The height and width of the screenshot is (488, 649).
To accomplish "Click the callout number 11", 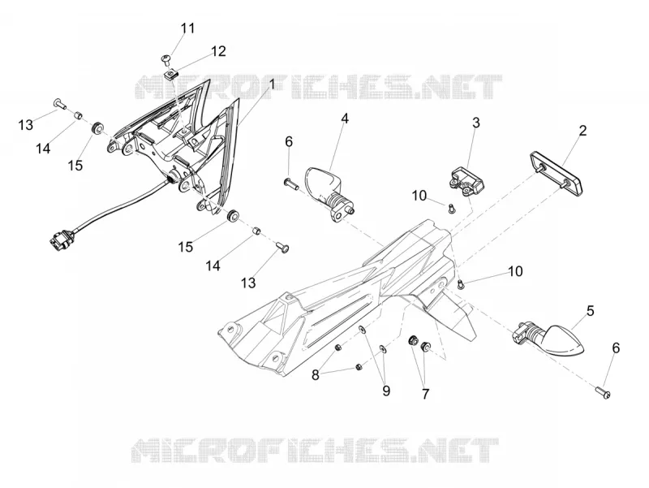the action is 187,28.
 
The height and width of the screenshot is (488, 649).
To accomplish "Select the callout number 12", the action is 218,51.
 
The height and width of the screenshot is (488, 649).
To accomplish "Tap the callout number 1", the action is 272,84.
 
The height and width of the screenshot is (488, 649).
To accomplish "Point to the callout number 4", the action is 345,119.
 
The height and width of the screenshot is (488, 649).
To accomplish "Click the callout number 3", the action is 476,123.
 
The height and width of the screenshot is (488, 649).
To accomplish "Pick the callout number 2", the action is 582,131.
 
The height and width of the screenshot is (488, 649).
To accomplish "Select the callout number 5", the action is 591,310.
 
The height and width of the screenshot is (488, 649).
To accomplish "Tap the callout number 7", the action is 425,394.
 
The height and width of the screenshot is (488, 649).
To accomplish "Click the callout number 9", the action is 386,391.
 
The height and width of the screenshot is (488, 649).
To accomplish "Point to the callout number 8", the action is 316,375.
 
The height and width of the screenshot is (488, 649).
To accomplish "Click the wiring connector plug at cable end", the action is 60,242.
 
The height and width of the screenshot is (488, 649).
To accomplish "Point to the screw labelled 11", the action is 166,60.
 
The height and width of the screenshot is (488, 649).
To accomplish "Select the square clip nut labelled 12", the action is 170,76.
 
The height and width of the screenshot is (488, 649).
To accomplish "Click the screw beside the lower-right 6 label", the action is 604,392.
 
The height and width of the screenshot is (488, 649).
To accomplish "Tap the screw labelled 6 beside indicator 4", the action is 291,184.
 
